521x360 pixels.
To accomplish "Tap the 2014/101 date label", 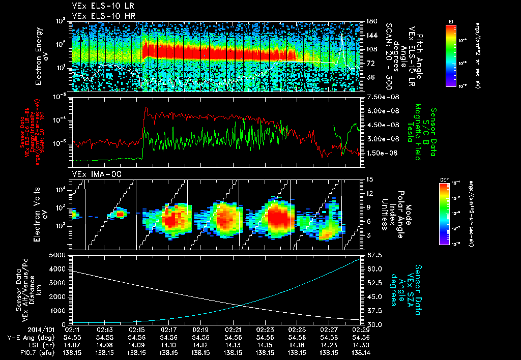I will click(x=24, y=329).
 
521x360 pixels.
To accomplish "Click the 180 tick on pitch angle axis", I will click(x=371, y=21).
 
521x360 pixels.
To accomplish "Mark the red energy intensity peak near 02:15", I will click(x=147, y=108).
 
